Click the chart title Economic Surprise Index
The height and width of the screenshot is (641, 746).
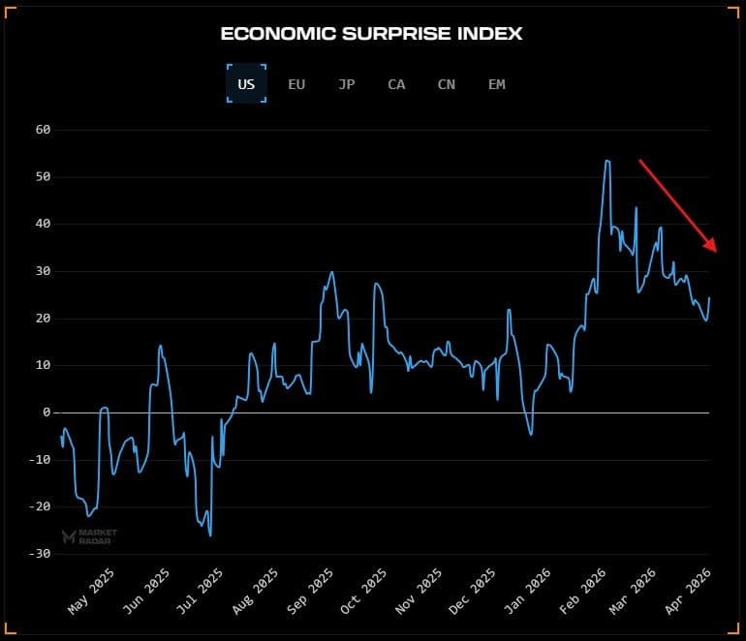[371, 34]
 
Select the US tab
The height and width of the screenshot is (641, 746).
[246, 84]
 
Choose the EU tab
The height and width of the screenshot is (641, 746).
[296, 84]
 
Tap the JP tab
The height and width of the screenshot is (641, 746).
[346, 84]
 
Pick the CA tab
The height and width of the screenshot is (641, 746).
[396, 84]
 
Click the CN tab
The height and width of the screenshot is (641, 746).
[446, 84]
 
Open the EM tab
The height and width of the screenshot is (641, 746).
[496, 84]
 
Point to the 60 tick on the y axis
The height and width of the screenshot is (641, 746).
[42, 130]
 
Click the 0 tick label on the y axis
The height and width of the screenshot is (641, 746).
[46, 412]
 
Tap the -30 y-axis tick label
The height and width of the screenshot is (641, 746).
[39, 554]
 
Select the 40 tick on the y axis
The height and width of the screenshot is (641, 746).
[42, 224]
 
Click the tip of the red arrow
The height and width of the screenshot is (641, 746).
[716, 251]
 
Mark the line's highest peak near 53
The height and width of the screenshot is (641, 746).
[606, 161]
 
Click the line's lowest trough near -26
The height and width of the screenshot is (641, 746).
[210, 534]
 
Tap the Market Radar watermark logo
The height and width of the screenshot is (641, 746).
[89, 536]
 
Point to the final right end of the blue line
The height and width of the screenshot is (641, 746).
[709, 298]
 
